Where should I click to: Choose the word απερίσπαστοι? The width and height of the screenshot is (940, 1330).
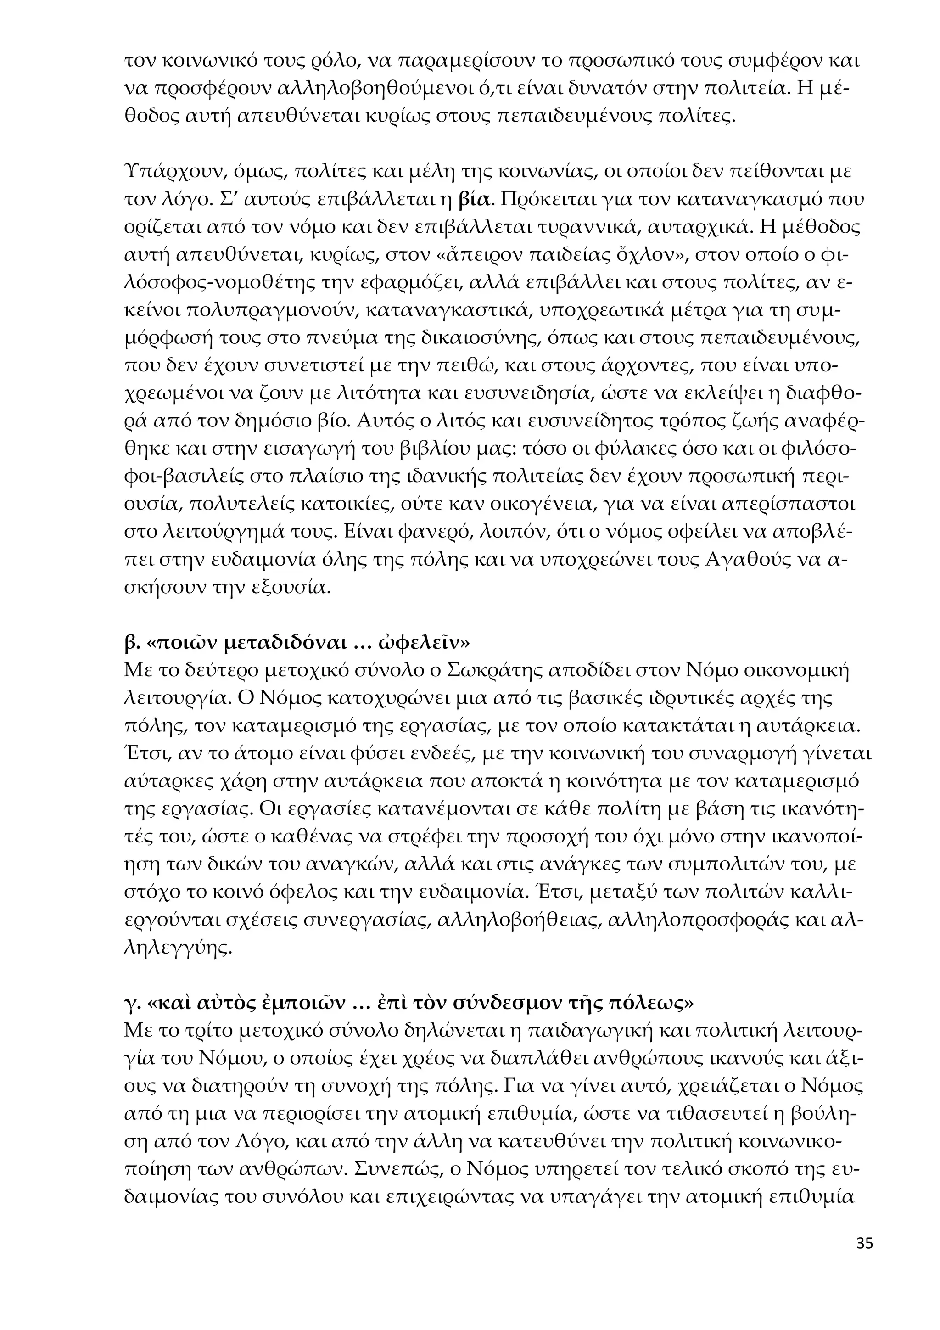click(789, 505)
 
